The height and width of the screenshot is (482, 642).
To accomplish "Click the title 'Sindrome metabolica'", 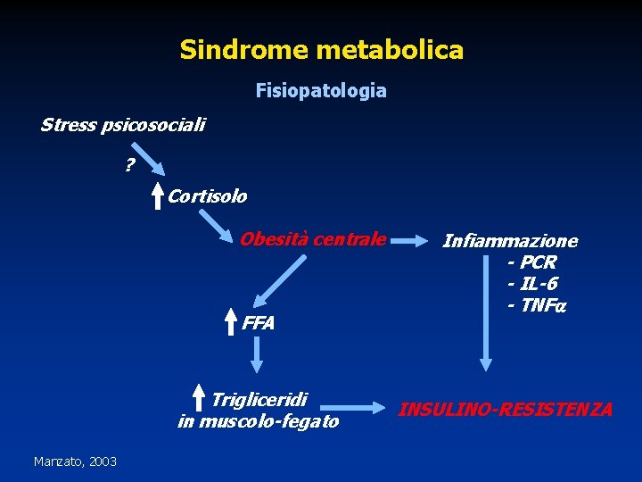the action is [321, 49].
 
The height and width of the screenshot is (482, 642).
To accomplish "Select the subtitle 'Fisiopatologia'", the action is [321, 90].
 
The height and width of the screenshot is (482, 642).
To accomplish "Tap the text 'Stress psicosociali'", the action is [122, 125].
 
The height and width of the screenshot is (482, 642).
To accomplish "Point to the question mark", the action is [129, 165].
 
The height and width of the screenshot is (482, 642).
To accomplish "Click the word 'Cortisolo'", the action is [208, 195].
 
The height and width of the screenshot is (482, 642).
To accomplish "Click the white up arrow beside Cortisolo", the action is [157, 195].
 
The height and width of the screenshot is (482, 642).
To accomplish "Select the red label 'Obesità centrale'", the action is [312, 239].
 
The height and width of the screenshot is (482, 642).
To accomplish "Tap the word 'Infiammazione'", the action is [510, 241].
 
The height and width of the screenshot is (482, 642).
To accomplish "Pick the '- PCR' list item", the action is [531, 262].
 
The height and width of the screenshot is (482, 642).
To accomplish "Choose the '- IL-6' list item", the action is [532, 284].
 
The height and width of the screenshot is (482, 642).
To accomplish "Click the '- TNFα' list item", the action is [537, 305].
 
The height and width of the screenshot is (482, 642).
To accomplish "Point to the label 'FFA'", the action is [259, 323].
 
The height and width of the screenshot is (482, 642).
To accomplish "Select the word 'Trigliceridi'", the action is [259, 398].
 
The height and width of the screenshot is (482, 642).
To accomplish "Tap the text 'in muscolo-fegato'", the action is [259, 421].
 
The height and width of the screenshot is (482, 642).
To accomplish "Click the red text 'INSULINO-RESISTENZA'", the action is [505, 410].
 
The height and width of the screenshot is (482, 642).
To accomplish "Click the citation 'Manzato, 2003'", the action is [75, 461].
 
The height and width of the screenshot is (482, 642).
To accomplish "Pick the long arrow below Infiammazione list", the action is [486, 344].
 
